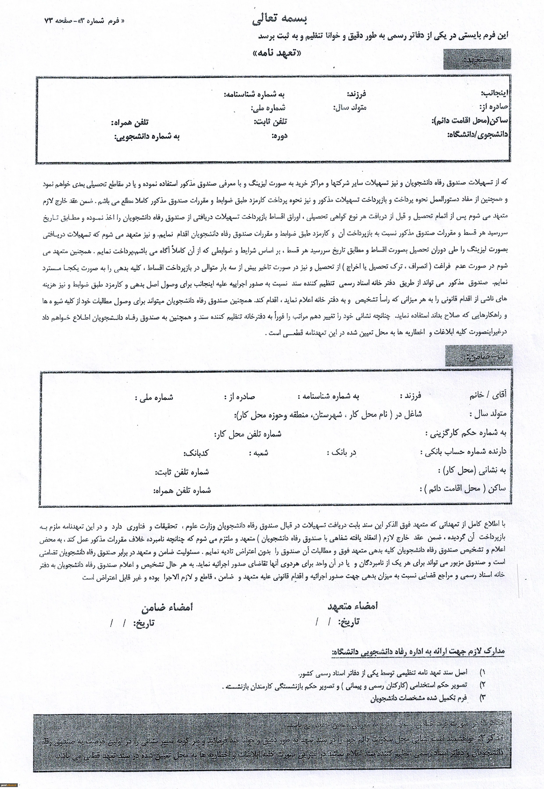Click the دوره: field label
(279, 136)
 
